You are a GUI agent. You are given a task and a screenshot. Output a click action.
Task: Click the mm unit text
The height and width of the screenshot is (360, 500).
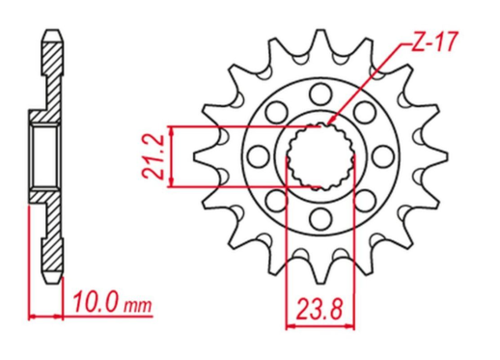click(139, 308)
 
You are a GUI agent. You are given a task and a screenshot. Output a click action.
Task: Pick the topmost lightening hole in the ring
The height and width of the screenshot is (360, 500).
click(319, 93)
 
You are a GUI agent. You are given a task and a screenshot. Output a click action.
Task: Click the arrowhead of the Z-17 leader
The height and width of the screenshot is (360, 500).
click(332, 122)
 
